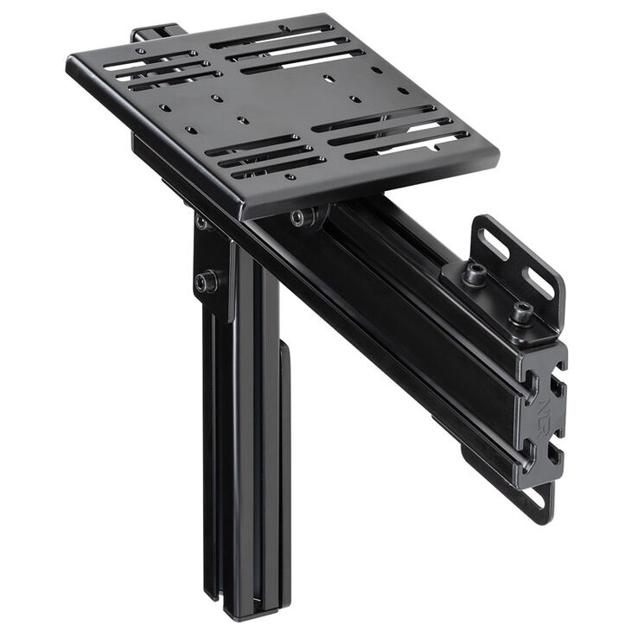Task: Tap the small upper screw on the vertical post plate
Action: pyautogui.click(x=201, y=223)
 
